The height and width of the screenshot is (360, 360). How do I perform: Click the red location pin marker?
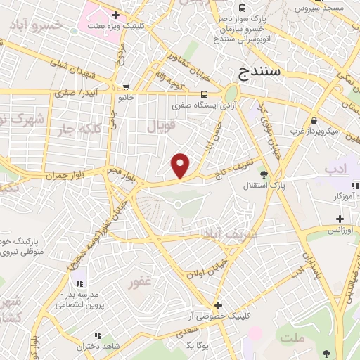pyautogui.click(x=181, y=165)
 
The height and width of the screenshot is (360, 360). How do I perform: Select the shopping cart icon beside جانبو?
pyautogui.click(x=126, y=87)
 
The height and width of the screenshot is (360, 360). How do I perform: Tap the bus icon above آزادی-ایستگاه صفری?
pyautogui.click(x=204, y=94)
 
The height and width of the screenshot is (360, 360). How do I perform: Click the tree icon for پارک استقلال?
pyautogui.click(x=264, y=174)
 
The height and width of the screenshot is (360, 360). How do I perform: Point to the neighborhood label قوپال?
pyautogui.click(x=160, y=126)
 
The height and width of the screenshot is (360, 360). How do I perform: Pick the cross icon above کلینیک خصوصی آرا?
pyautogui.click(x=218, y=306)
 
